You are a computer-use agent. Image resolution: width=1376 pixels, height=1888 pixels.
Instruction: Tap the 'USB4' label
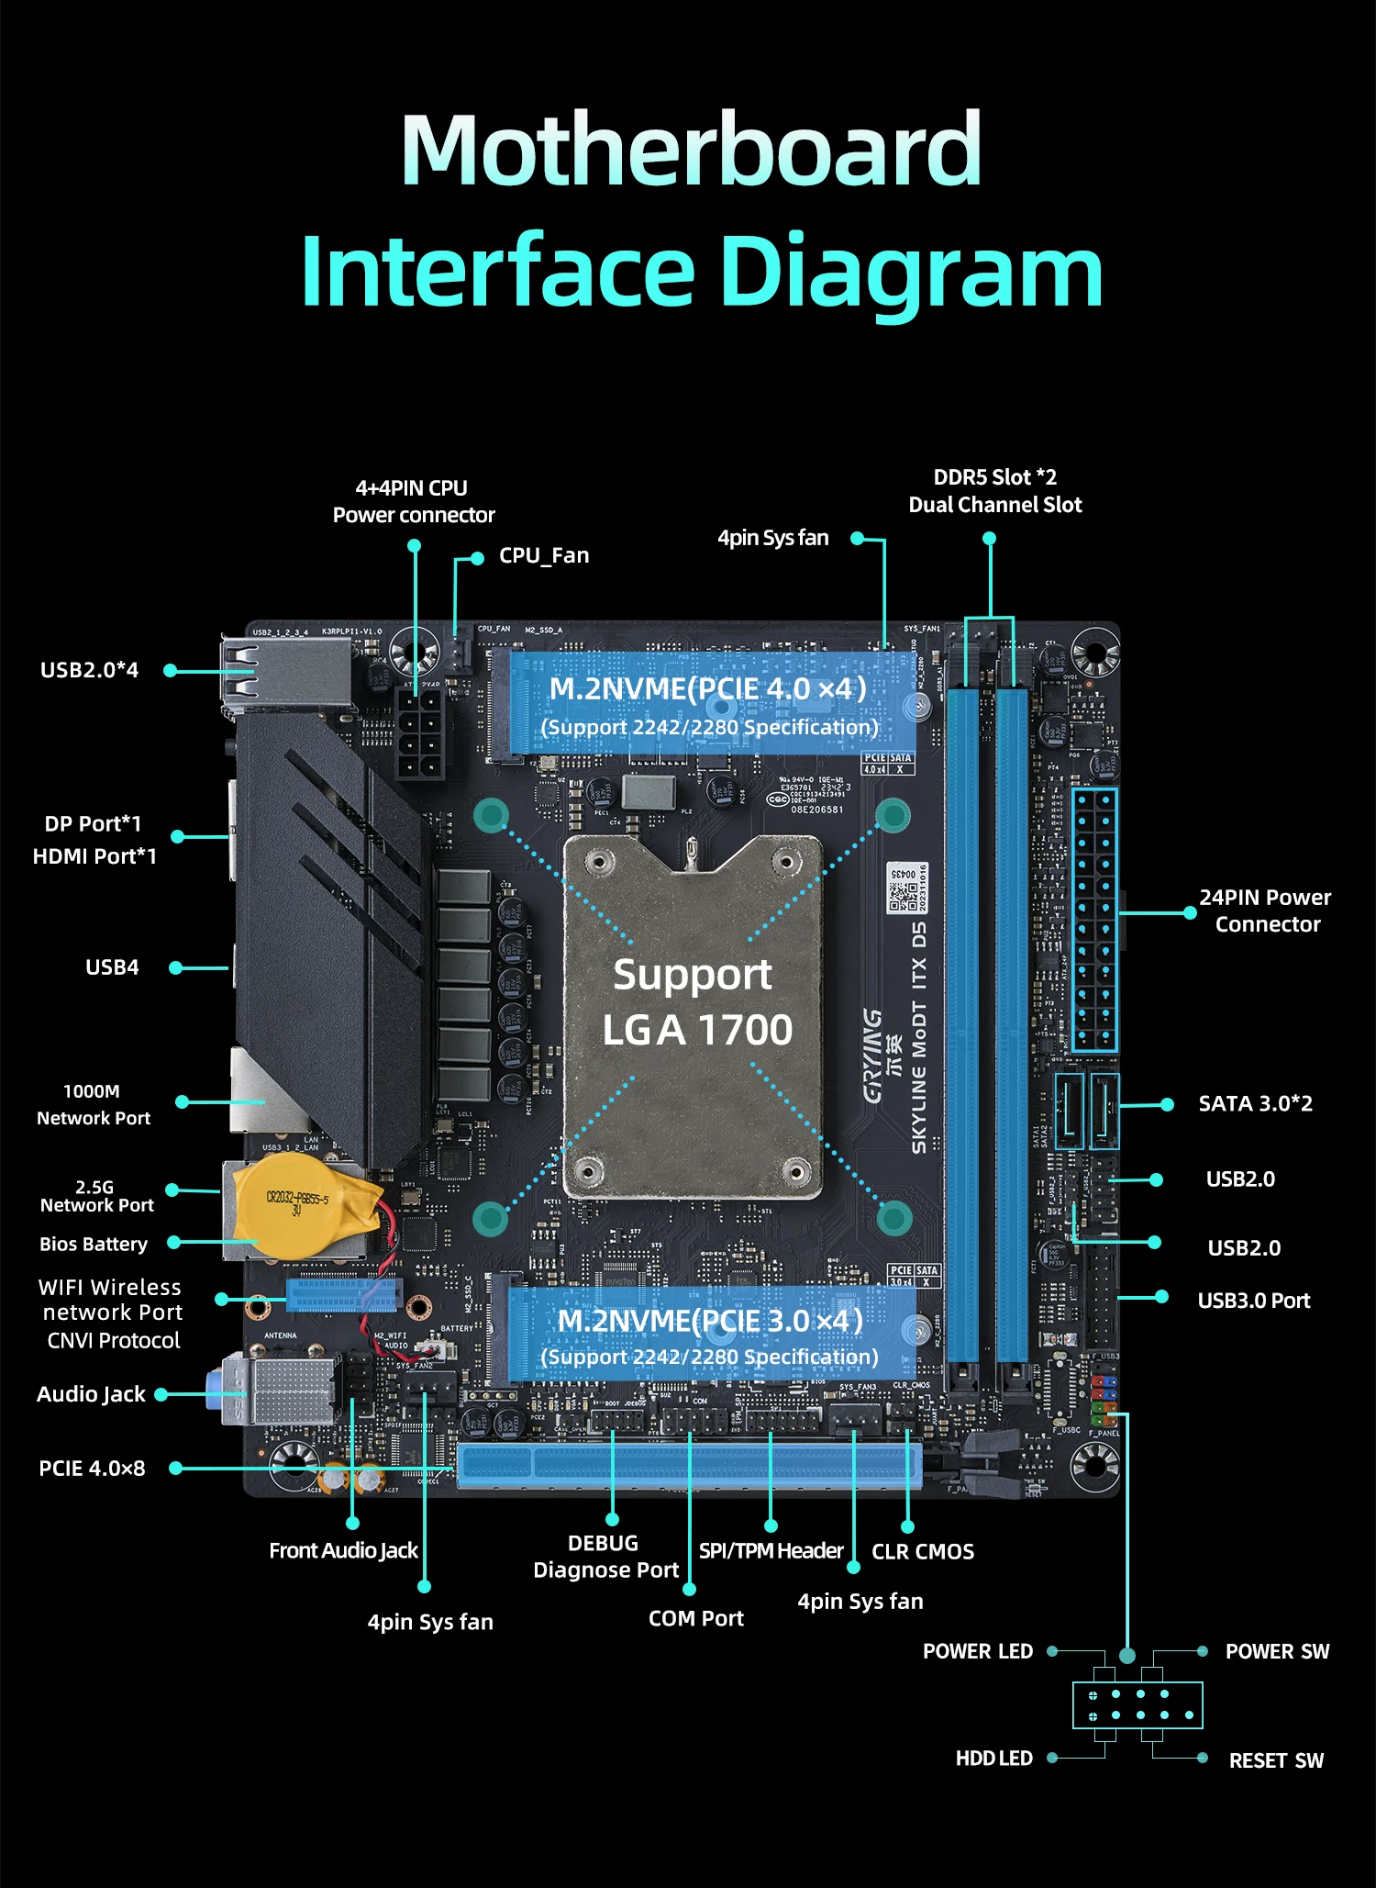point(112,967)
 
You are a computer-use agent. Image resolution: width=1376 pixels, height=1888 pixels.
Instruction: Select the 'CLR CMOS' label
point(922,1552)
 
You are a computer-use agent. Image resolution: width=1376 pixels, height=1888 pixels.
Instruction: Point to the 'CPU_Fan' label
point(544,556)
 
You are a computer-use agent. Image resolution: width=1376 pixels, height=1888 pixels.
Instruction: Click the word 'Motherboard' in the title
point(692,150)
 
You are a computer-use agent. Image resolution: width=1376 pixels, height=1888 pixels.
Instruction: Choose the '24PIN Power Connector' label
point(1266,910)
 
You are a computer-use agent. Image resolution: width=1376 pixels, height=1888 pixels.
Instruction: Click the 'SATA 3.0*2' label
point(1255,1104)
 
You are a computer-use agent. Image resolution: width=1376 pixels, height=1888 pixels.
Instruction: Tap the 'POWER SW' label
point(1277,1652)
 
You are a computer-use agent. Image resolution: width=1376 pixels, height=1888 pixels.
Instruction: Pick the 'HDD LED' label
point(993,1759)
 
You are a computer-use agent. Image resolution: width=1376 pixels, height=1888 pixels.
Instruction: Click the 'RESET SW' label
point(1276,1760)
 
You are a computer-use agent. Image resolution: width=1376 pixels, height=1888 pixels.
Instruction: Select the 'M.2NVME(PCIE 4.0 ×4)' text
point(707,689)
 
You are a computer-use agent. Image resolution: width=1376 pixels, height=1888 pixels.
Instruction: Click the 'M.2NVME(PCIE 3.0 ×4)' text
point(710,1321)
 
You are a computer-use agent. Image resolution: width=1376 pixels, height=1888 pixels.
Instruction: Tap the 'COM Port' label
point(695,1619)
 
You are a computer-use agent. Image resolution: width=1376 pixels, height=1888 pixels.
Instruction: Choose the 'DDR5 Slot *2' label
point(994,478)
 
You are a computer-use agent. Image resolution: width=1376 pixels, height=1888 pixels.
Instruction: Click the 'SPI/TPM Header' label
point(771,1551)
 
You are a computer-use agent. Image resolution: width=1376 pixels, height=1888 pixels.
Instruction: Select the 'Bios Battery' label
point(94,1245)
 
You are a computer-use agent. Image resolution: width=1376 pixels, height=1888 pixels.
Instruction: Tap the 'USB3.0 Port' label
point(1253,1301)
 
